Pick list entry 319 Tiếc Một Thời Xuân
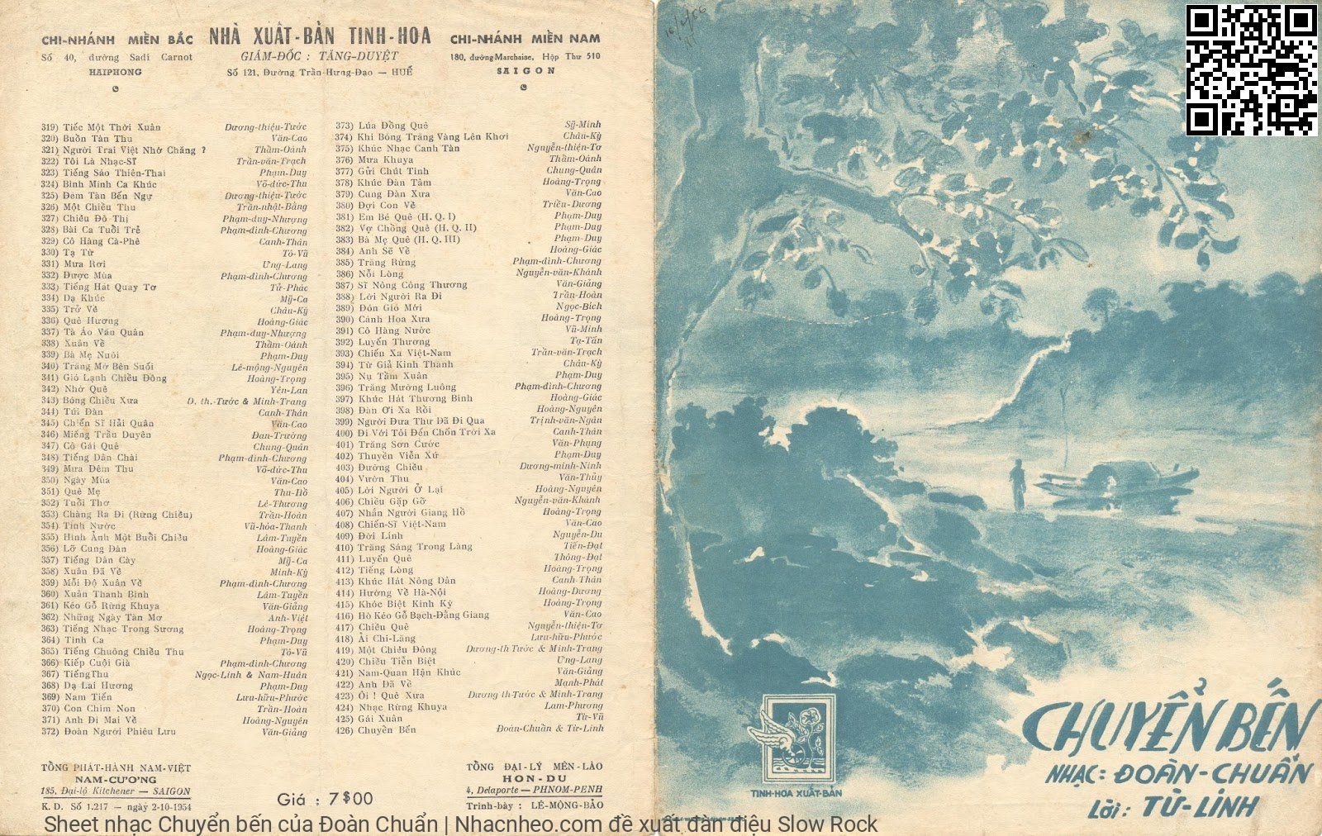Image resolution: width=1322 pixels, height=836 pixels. pos(112,127)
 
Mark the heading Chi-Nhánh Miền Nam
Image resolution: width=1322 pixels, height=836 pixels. pos(525,38)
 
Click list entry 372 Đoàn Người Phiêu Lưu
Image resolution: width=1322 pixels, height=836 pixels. pos(119,732)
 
